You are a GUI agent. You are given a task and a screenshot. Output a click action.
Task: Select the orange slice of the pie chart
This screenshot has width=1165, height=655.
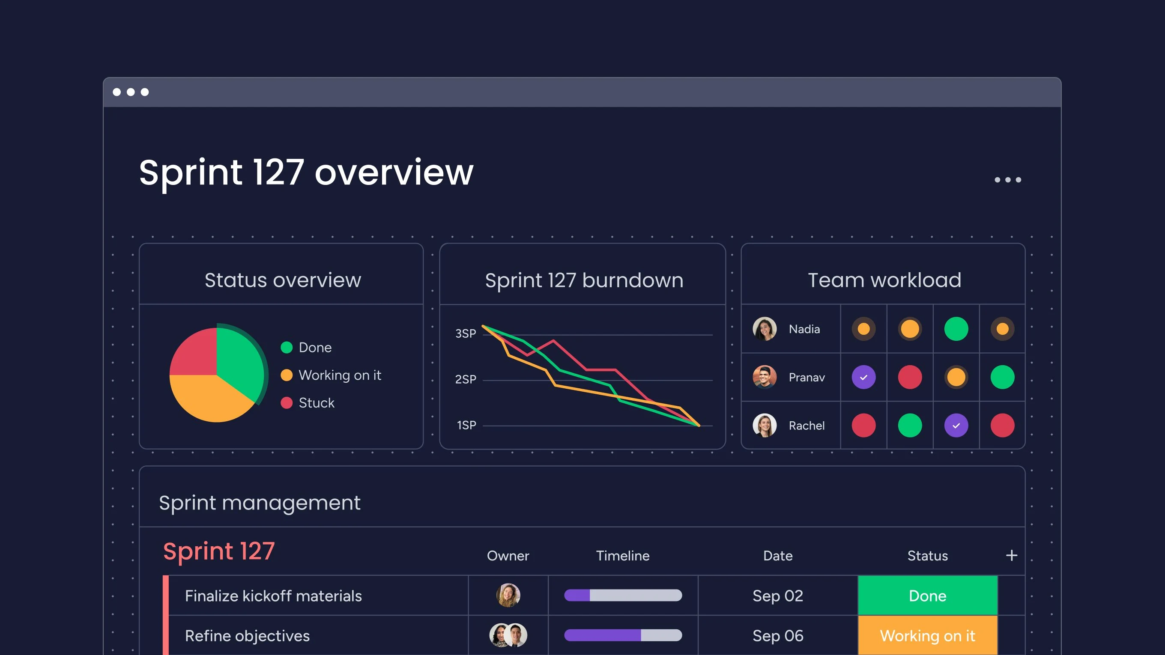coord(208,398)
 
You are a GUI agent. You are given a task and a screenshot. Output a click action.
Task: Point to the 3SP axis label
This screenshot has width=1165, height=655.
coord(466,333)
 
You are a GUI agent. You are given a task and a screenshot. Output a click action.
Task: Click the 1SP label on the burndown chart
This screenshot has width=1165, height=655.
coord(466,425)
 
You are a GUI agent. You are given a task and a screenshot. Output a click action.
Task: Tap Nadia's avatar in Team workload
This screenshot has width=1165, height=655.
coord(764,329)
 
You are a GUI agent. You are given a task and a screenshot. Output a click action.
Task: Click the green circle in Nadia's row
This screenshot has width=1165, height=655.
coord(956,329)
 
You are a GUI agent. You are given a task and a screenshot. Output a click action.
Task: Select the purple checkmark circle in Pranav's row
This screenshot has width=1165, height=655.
coord(863,377)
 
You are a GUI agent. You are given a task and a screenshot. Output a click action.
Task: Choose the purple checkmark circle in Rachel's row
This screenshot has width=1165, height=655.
coord(956,426)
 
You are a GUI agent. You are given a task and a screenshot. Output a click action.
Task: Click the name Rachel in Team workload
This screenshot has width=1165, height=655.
coord(807,426)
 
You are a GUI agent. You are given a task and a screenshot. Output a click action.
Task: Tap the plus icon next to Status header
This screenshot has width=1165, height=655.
coord(1011,555)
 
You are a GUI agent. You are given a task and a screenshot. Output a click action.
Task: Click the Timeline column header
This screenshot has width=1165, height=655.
coord(622,556)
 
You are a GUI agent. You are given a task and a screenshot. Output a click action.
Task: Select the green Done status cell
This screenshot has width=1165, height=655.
coord(927,595)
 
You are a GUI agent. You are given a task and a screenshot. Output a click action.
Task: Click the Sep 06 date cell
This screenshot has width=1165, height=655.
coord(777,636)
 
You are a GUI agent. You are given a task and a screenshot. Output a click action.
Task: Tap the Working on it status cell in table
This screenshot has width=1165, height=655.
coord(927,636)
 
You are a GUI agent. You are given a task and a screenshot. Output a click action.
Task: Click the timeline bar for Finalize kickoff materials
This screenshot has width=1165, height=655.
coord(622,595)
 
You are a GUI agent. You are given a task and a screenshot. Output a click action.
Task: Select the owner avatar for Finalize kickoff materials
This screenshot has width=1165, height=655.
coord(508,595)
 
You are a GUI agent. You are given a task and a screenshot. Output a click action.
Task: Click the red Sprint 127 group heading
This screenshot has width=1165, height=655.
coord(219,551)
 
